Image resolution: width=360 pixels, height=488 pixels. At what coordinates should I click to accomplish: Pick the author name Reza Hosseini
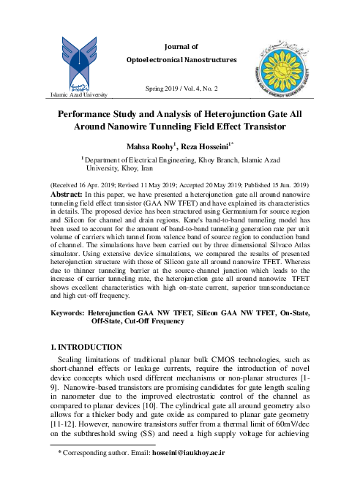pos(222,146)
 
